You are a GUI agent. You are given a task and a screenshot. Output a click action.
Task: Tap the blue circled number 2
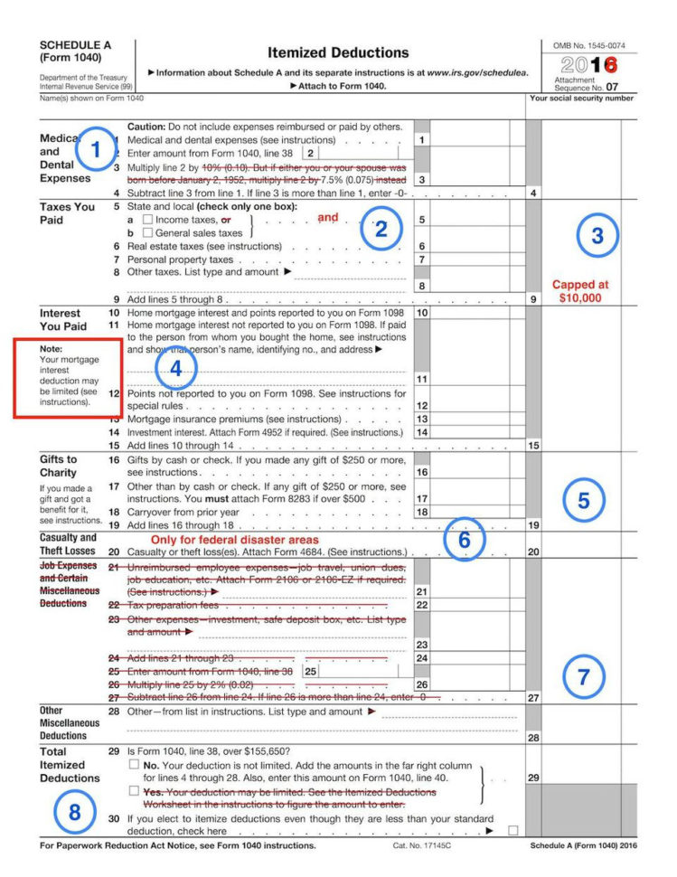coord(381,229)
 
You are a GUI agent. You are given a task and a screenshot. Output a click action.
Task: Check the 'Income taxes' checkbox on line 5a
coord(147,220)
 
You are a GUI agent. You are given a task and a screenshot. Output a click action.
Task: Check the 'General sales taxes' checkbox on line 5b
coord(147,232)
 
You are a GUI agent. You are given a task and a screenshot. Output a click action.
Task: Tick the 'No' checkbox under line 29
coord(134,765)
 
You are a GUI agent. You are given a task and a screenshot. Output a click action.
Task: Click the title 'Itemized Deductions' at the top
coord(338,52)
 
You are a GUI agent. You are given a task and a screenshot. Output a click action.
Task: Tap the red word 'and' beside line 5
coord(327,218)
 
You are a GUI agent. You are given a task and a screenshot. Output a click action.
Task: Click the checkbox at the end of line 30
coord(512,830)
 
